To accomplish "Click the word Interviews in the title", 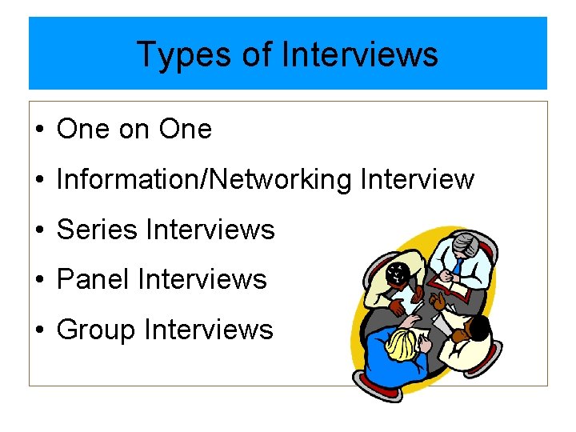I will [360, 55].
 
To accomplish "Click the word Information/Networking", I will [204, 179].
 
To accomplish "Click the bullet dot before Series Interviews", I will [39, 230].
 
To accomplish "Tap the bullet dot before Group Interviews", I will [39, 330].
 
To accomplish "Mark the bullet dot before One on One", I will [39, 130].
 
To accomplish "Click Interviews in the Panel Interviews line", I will [202, 279].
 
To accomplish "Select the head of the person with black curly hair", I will [396, 274].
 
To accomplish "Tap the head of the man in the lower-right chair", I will [478, 328].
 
